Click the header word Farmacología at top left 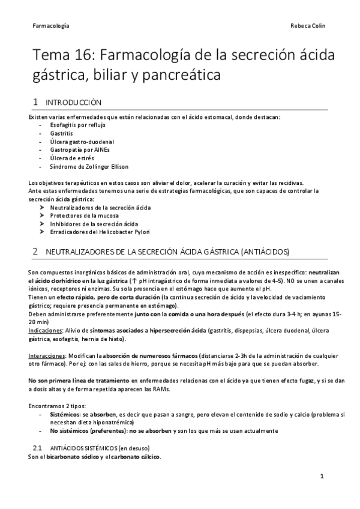[x=50, y=26]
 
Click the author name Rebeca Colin [x=308, y=26]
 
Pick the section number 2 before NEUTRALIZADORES [x=35, y=250]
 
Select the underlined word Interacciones [x=47, y=355]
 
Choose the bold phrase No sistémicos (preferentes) [x=86, y=430]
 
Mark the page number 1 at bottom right [x=322, y=476]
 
